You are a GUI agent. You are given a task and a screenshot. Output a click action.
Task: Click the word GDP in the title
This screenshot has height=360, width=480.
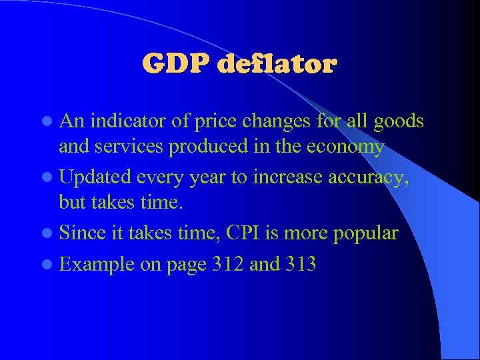click(175, 65)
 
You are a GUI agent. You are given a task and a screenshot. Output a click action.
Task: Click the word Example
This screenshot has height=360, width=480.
click(97, 265)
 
